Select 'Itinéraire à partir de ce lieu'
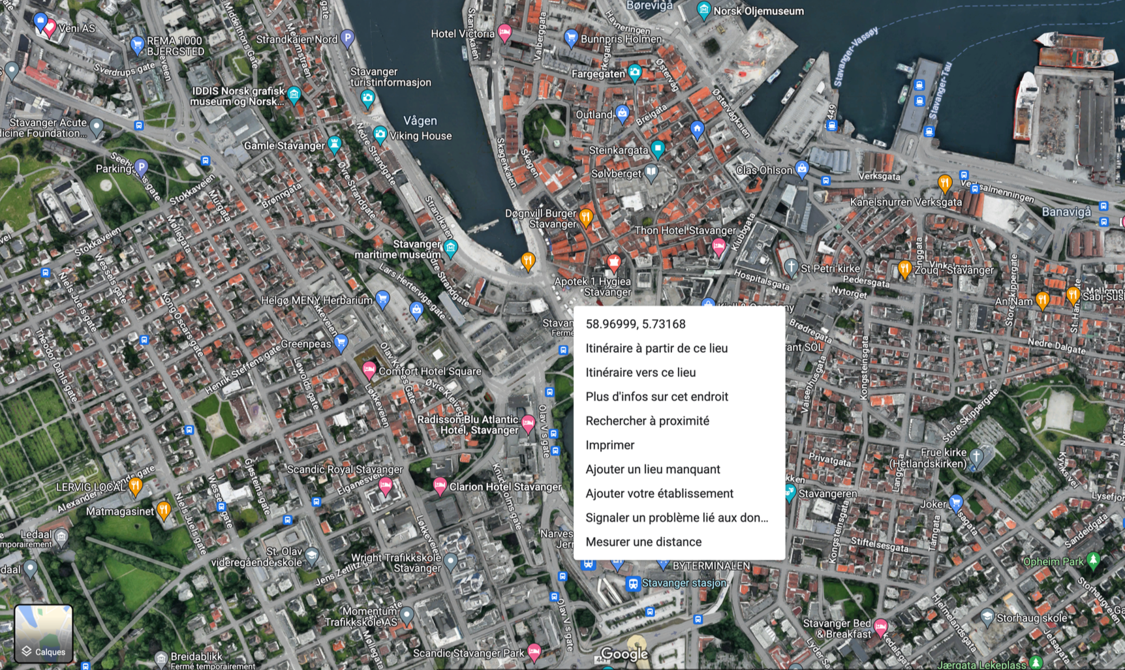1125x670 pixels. tap(656, 348)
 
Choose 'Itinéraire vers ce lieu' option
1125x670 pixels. tap(640, 373)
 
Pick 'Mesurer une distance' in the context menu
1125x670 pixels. tap(643, 542)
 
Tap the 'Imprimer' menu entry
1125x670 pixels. tap(609, 445)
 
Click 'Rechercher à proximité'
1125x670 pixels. tap(647, 421)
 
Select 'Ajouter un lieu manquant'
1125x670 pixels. tap(653, 469)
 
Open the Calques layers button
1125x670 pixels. tap(44, 633)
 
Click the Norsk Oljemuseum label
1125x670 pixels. tap(758, 11)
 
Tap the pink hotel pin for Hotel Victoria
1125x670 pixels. tap(504, 32)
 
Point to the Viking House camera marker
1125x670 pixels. tap(380, 134)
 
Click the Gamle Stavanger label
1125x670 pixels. tap(284, 145)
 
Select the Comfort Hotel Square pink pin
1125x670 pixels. tap(369, 370)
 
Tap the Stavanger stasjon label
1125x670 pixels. tap(684, 583)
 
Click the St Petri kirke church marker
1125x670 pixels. tap(791, 266)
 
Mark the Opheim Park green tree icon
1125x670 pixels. tap(1094, 560)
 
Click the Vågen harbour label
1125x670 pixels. tap(420, 121)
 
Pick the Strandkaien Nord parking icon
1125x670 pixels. tap(348, 38)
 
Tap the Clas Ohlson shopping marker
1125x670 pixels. tap(802, 169)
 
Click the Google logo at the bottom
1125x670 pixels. tap(624, 654)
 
